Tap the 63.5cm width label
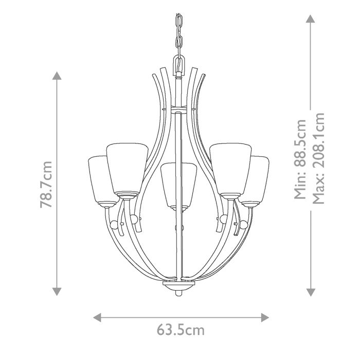180,330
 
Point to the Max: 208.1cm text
319,159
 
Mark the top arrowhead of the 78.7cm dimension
57,76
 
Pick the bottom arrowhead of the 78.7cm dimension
57,292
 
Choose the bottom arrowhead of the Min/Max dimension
310,292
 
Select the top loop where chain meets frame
178,64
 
